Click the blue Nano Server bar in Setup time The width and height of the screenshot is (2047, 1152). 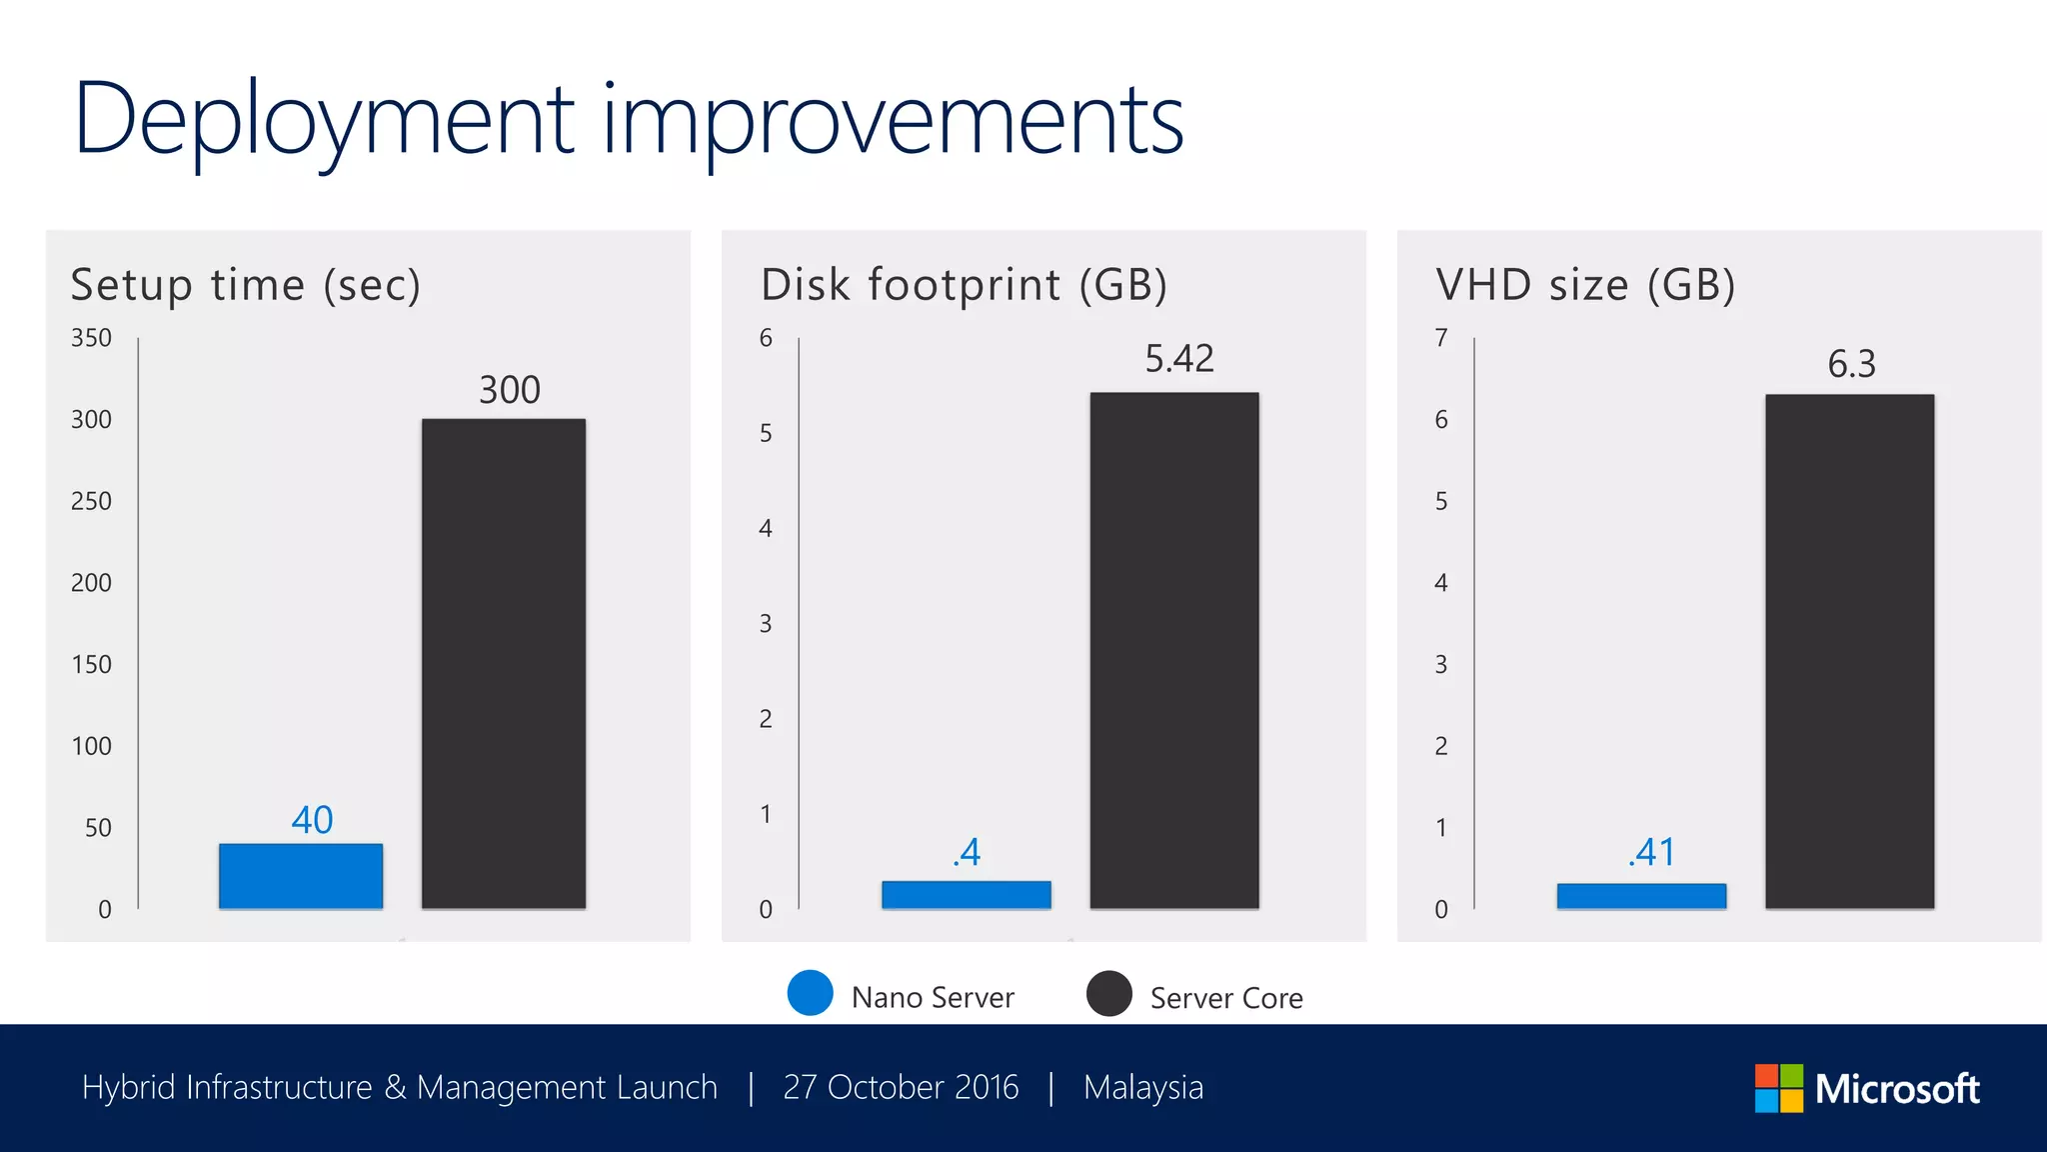301,876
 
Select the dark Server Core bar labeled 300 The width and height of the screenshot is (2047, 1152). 504,663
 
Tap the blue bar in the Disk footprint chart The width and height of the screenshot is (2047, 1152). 966,894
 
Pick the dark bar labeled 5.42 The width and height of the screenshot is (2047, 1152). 1174,650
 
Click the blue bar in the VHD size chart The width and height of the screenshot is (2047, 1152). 1641,896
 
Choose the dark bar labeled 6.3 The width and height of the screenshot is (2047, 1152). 1849,651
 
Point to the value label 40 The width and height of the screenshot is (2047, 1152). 312,820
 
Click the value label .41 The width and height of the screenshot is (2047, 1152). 1651,852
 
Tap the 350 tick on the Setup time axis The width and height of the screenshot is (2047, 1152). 91,338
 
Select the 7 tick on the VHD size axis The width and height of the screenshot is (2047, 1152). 1440,338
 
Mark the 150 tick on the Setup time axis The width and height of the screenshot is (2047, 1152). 91,664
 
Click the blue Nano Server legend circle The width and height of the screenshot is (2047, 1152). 810,993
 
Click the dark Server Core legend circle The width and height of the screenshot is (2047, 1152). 1108,993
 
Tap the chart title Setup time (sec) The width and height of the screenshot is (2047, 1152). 246,285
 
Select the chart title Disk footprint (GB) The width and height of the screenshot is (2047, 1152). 964,285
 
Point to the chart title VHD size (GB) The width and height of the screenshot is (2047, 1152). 1585,285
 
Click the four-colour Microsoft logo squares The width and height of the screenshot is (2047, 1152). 1779,1088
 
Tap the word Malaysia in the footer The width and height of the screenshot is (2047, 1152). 1143,1087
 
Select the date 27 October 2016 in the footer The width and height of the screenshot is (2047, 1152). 901,1087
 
